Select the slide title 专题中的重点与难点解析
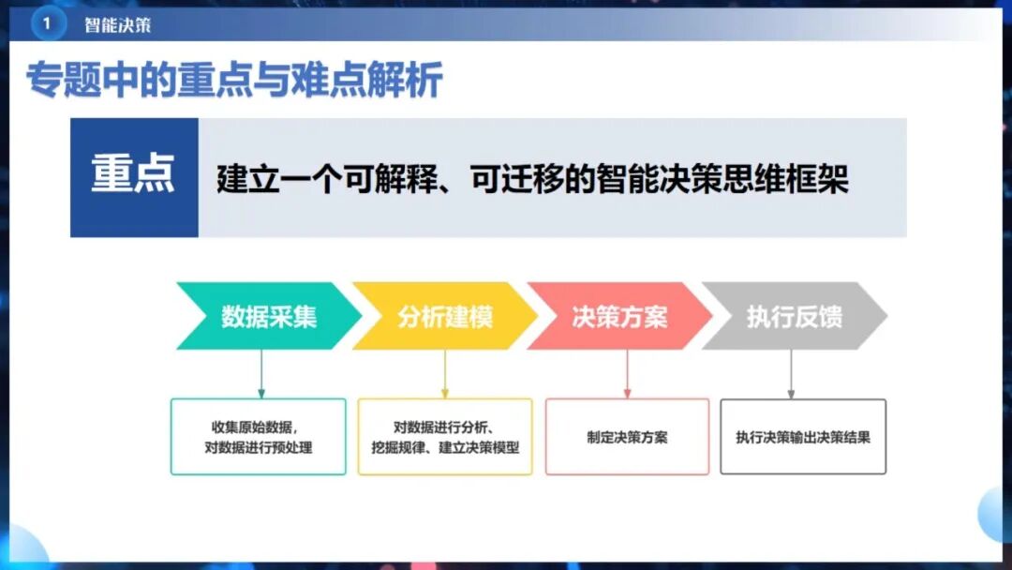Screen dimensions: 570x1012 (233, 82)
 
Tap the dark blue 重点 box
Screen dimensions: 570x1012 (134, 177)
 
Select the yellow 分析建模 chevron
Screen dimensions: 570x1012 (444, 316)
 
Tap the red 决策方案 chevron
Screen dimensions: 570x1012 (619, 316)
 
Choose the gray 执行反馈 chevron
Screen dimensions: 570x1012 (795, 316)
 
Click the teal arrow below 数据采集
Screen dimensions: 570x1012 (261, 374)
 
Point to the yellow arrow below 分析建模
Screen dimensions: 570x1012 (445, 374)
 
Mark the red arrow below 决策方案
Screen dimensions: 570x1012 (627, 374)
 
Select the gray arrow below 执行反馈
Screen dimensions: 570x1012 (792, 374)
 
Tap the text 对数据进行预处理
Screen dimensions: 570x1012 (259, 447)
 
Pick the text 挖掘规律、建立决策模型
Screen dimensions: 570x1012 (445, 447)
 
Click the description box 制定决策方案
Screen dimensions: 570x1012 (627, 437)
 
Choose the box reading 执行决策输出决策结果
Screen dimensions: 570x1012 (803, 437)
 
